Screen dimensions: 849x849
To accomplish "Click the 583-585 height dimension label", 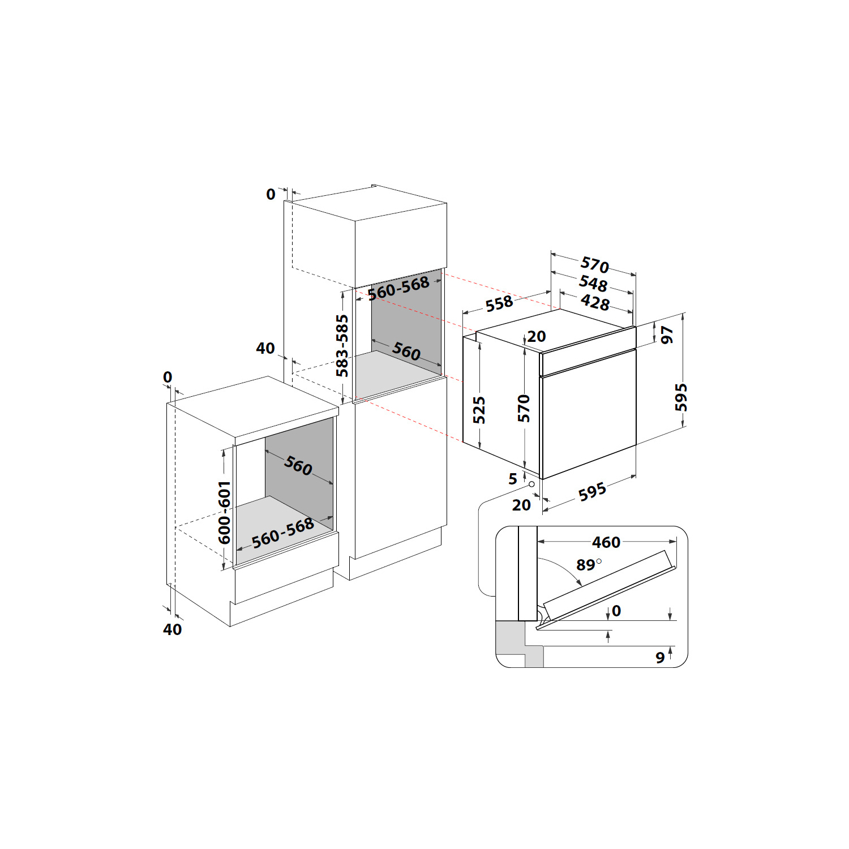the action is pos(342,346).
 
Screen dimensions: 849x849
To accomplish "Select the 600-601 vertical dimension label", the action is pos(225,513).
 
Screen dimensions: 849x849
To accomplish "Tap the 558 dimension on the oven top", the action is pos(499,304).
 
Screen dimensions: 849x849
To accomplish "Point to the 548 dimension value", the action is pos(593,283).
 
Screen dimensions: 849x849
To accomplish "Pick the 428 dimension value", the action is pos(595,302).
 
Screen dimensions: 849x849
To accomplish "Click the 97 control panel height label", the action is pos(667,335).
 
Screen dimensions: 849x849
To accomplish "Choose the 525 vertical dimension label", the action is pos(479,410).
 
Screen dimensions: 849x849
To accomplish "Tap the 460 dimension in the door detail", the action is pos(606,542).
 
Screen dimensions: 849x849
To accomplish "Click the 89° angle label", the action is pos(589,564).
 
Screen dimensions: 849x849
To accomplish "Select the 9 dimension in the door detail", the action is pos(660,658).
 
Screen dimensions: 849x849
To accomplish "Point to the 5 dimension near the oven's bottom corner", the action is pos(513,479).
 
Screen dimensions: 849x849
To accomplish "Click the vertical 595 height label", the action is pos(681,397).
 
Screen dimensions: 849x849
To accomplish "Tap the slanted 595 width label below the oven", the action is pos(592,492).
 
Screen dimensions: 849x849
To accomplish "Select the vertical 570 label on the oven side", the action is pos(524,409).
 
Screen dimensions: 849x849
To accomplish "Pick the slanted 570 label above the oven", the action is pos(595,264).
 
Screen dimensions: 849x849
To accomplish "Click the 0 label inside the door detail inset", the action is pos(616,611).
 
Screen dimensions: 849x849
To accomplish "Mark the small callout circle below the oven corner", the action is pos(531,484).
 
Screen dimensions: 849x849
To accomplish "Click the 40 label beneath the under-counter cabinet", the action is pos(173,629).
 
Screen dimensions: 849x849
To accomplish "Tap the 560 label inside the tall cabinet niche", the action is pos(406,351).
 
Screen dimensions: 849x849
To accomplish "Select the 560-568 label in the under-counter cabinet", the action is pos(283,533).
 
